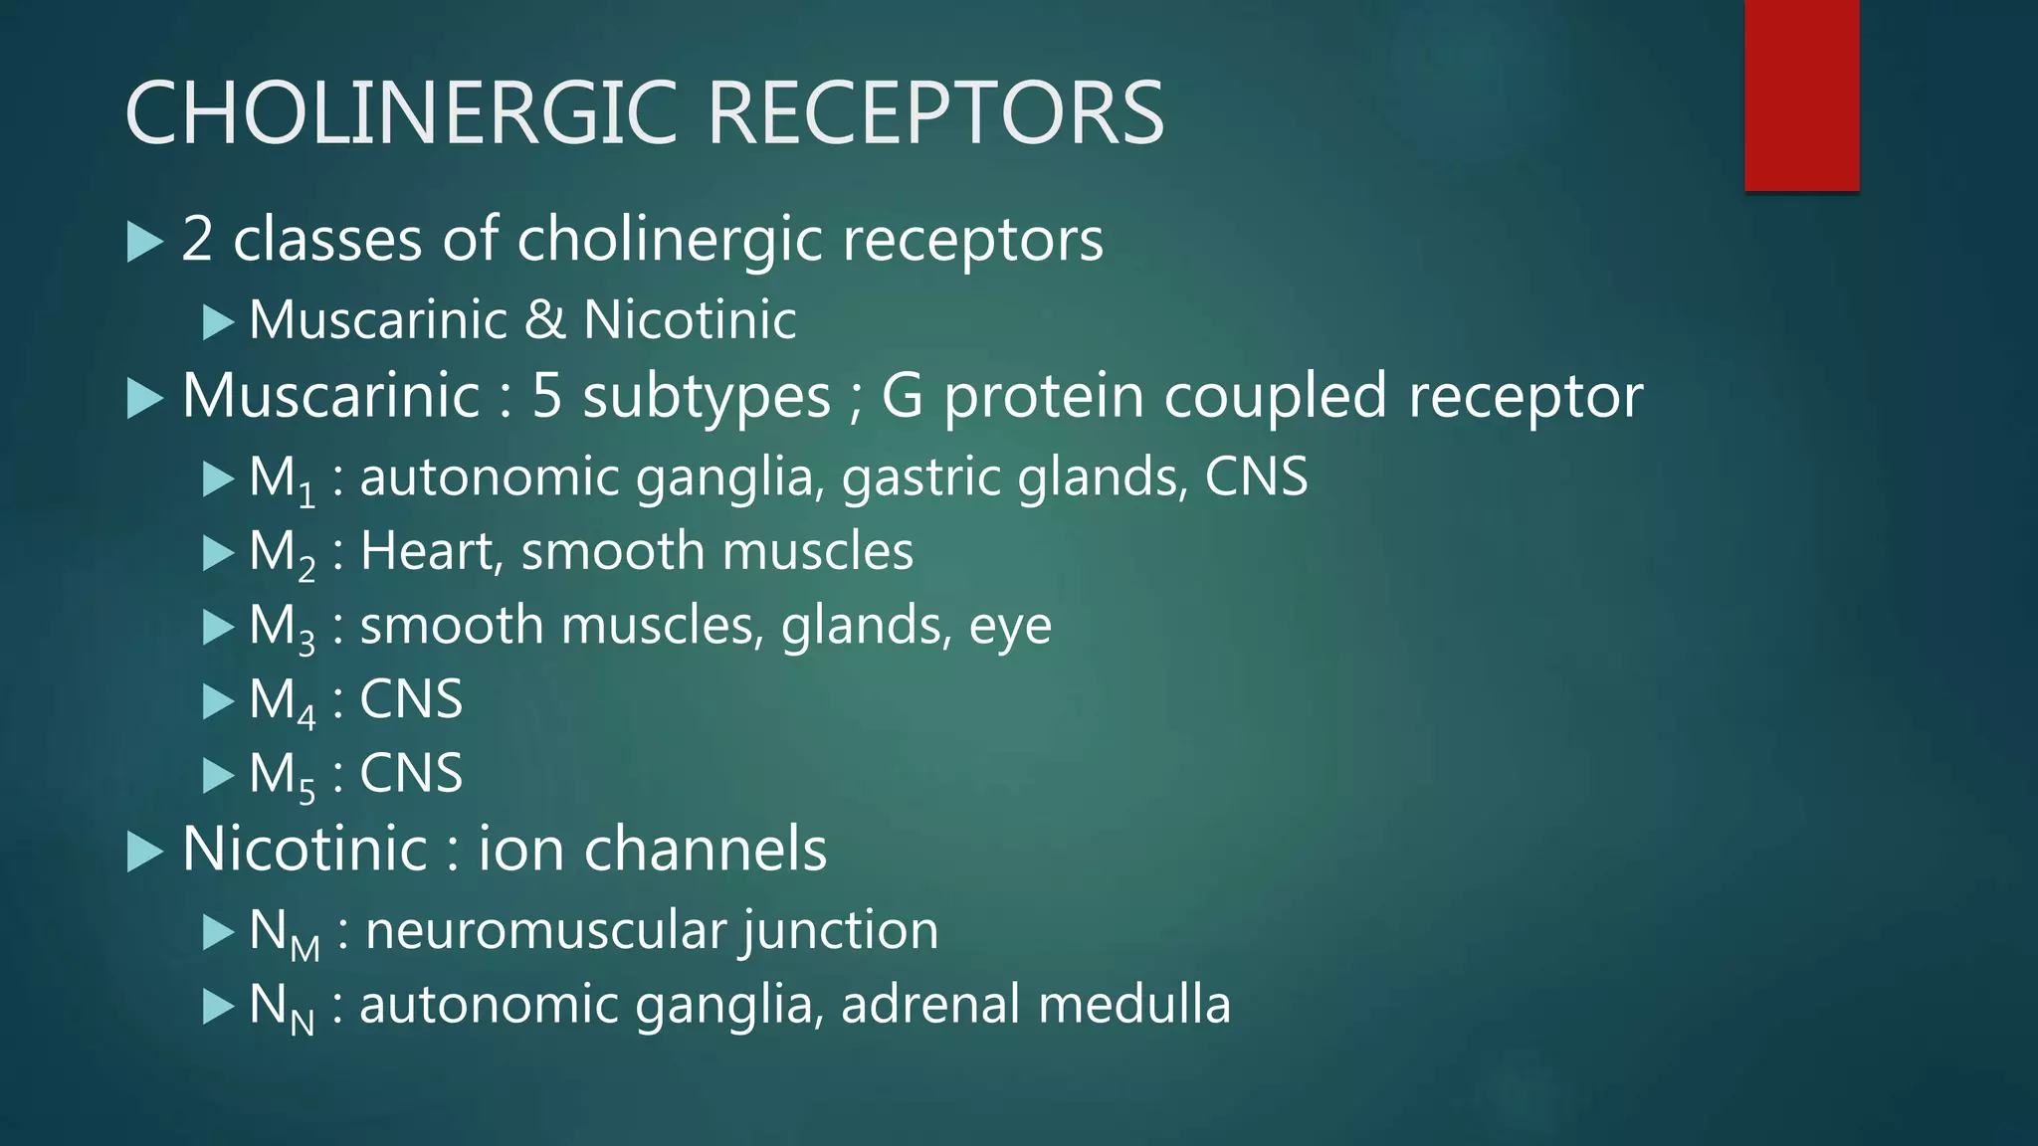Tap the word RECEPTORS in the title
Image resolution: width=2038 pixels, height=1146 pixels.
pyautogui.click(x=935, y=113)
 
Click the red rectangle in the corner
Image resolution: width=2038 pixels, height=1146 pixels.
pyautogui.click(x=1801, y=95)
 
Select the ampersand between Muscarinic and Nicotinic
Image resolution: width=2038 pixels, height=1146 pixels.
pyautogui.click(x=544, y=320)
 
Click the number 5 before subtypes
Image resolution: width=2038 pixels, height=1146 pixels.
pyautogui.click(x=547, y=396)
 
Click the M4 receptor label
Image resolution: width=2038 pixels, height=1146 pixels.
pyautogui.click(x=282, y=701)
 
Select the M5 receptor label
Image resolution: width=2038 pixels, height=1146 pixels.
pyautogui.click(x=282, y=775)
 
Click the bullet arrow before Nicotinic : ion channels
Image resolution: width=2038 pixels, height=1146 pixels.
pyautogui.click(x=145, y=853)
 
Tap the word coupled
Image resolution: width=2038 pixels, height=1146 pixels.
pyautogui.click(x=1276, y=396)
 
